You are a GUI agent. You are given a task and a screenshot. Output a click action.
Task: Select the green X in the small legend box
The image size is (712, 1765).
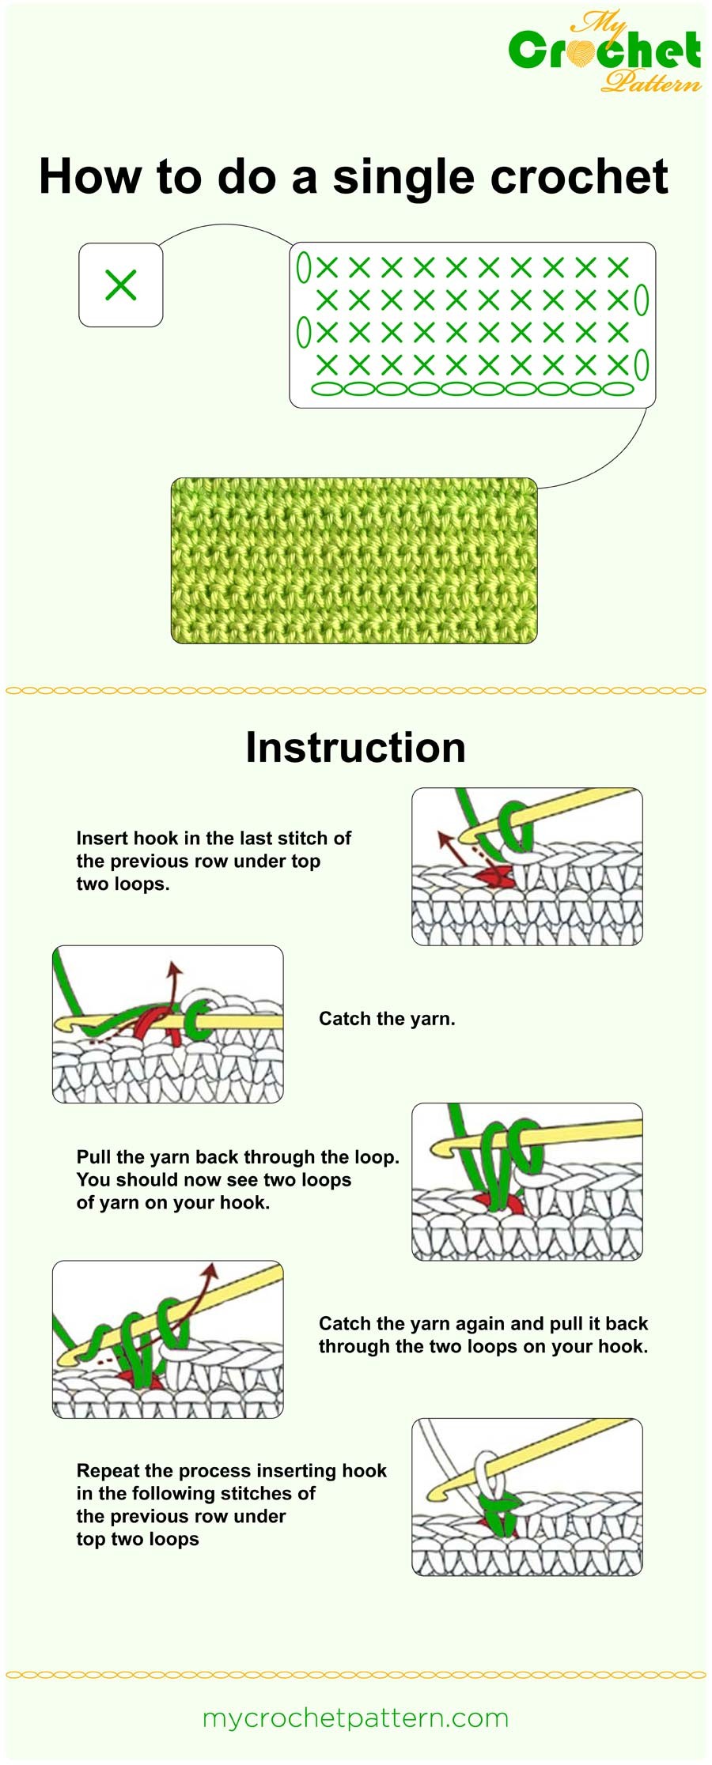click(121, 285)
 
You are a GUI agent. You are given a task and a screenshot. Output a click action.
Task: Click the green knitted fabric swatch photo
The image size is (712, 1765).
click(354, 560)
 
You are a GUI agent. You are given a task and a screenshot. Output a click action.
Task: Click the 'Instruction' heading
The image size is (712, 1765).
click(355, 747)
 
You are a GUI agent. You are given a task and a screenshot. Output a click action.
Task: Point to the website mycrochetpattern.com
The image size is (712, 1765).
click(355, 1718)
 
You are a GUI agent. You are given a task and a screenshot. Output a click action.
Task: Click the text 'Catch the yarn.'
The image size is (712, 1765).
click(387, 1019)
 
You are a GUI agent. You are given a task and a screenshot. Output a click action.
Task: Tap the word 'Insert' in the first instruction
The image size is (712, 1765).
click(103, 838)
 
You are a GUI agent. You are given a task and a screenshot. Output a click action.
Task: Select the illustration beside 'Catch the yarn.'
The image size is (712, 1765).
click(168, 1024)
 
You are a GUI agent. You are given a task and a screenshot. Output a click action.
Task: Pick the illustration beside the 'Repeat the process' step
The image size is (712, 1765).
click(527, 1496)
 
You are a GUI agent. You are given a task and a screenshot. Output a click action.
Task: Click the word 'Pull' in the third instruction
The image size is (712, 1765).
click(93, 1156)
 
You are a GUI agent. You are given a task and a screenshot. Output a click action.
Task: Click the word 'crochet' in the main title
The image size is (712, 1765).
click(579, 177)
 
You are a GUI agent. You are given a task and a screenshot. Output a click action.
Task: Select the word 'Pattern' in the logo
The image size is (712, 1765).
click(650, 81)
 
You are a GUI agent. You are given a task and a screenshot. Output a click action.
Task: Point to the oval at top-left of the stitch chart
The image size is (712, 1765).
click(303, 267)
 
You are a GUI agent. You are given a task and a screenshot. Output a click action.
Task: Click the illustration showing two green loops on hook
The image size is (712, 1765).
click(527, 1182)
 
